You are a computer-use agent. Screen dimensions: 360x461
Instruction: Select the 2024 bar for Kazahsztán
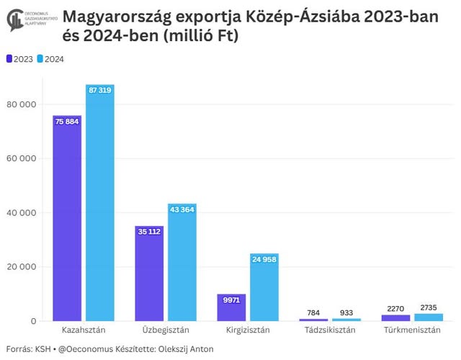tap(99, 205)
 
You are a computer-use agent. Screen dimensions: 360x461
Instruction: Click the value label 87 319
tap(99, 90)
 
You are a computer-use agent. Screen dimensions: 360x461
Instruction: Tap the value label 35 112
tap(149, 231)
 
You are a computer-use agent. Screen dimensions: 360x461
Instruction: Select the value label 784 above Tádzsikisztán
tap(313, 312)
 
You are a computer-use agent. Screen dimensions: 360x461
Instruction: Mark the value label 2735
tap(428, 307)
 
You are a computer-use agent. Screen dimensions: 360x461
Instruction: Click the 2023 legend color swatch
tap(9, 59)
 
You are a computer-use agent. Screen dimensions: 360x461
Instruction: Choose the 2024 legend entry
tap(50, 59)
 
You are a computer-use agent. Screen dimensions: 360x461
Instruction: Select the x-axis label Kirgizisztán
tap(247, 330)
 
